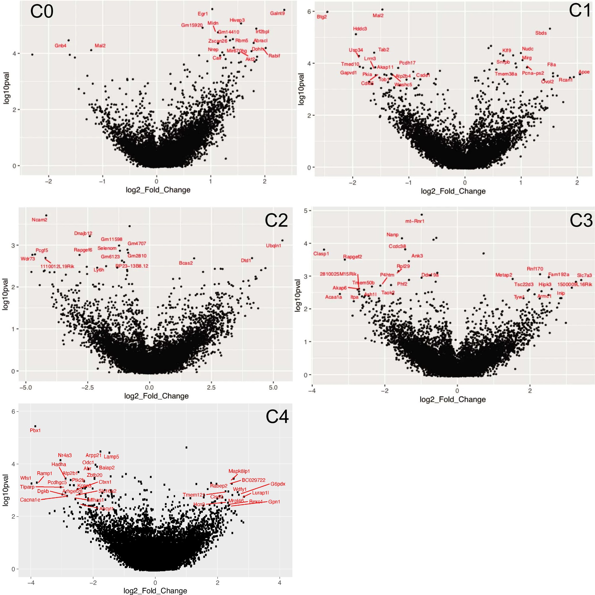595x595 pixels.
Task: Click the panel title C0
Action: [42, 12]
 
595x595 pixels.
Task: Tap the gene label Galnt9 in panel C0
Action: [277, 13]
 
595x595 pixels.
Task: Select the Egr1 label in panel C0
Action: [203, 14]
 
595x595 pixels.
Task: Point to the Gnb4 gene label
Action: [60, 46]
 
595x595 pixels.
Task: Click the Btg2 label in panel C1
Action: [322, 17]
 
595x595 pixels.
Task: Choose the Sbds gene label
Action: [541, 33]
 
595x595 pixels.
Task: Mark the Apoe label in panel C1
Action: [584, 72]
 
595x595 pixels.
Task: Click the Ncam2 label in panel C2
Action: [39, 220]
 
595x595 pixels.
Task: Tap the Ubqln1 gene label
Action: [274, 246]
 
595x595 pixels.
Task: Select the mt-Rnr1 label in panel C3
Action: [415, 221]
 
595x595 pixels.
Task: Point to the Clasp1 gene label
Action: [321, 254]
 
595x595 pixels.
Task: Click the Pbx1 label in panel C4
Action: [35, 430]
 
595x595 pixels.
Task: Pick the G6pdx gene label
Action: [278, 484]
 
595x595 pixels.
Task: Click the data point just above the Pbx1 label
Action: [35, 426]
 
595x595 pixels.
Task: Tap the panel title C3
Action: [581, 220]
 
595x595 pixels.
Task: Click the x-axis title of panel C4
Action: [155, 591]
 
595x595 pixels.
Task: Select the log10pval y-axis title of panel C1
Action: [301, 89]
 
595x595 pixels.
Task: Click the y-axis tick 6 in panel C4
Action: [13, 412]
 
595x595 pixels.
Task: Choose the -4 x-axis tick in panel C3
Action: [312, 391]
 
